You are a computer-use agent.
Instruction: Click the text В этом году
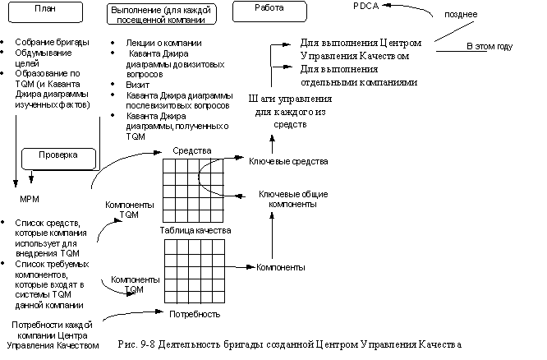[x=490, y=46]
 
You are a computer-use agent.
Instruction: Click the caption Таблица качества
[x=195, y=230]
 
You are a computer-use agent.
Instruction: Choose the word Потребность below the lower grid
[x=194, y=314]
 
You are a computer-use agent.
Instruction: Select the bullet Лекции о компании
[x=161, y=42]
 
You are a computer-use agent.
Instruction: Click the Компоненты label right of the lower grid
[x=280, y=267]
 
